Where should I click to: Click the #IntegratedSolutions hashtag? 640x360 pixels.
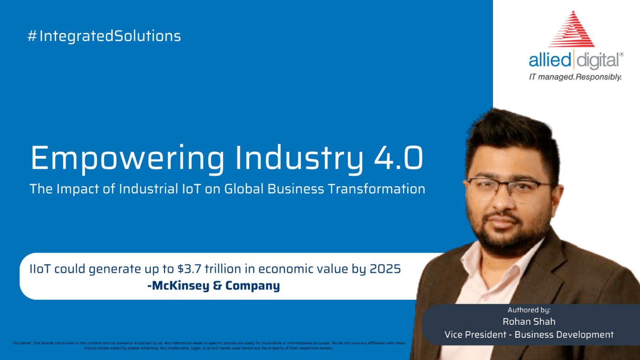[104, 36]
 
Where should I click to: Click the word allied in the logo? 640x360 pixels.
[550, 60]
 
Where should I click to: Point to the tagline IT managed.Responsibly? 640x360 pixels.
[575, 77]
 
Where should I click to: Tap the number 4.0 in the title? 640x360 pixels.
[399, 158]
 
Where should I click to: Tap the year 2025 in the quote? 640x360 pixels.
[385, 269]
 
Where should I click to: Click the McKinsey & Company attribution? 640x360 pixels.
[213, 286]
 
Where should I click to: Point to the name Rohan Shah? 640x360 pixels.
[529, 322]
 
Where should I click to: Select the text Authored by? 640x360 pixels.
[529, 310]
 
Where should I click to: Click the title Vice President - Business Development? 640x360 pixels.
[529, 334]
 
